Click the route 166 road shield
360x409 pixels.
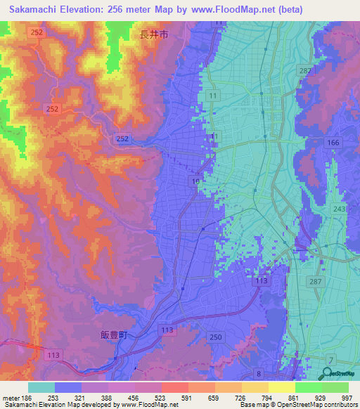[333, 143]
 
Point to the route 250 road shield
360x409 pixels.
[215, 338]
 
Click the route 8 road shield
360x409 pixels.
[258, 373]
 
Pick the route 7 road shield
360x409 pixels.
[330, 359]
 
